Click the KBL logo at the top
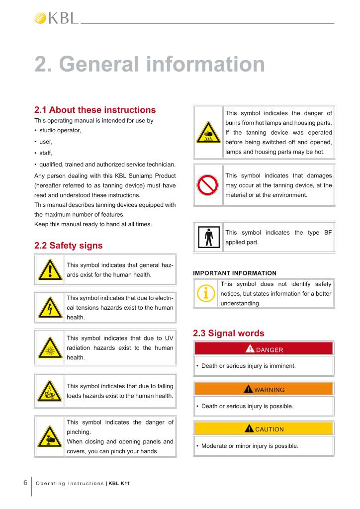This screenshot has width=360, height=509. [x=56, y=18]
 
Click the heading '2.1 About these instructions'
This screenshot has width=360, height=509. [x=94, y=110]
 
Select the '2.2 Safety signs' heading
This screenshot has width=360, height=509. [x=68, y=245]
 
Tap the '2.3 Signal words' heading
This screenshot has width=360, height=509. [x=228, y=333]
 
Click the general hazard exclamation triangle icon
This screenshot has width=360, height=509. [x=50, y=269]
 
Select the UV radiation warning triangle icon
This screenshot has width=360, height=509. [x=50, y=346]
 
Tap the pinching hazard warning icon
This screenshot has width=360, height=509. [x=50, y=436]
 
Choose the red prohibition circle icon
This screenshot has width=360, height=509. [x=208, y=185]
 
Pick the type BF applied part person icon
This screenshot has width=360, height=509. [x=208, y=237]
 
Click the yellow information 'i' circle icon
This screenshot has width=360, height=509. [x=206, y=294]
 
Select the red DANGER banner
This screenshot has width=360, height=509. [x=264, y=349]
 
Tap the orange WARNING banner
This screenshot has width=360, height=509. [x=264, y=389]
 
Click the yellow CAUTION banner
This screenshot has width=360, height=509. [x=264, y=429]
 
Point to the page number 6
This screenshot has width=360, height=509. [x=25, y=483]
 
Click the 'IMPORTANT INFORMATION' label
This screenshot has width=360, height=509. [x=234, y=273]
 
